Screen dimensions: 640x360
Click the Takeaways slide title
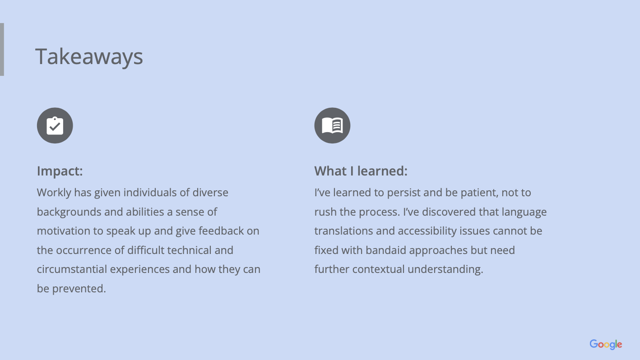tap(89, 57)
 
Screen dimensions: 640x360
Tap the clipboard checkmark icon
tap(55, 125)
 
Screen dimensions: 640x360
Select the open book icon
tap(332, 125)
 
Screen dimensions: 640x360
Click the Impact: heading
tap(60, 171)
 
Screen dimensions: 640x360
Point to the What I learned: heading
tap(361, 171)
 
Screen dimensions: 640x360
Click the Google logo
tap(606, 344)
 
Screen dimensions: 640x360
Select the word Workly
tap(54, 193)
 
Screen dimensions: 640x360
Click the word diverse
tap(210, 193)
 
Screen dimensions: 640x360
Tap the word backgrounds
tap(69, 212)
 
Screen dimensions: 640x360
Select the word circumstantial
tap(72, 269)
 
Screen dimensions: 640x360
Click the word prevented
tap(79, 289)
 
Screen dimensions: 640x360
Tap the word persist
tap(403, 193)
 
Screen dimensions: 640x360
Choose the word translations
tap(344, 231)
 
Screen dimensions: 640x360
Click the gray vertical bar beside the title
tap(2, 49)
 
